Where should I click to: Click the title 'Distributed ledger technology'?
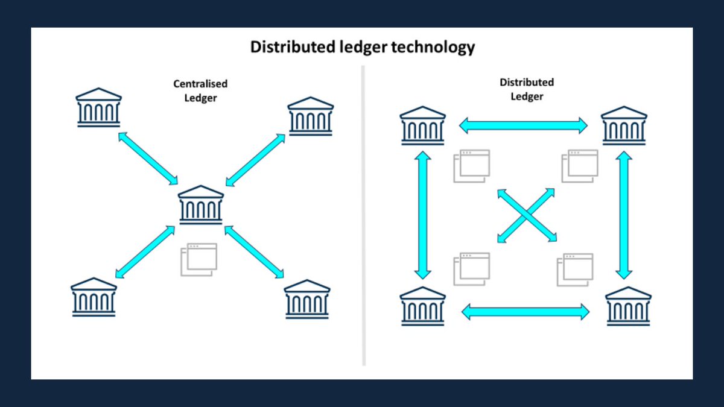[363, 47]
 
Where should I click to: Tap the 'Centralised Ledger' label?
[200, 90]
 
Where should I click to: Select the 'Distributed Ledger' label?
[527, 89]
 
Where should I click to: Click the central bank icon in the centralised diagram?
[201, 205]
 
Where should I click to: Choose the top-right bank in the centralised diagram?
[310, 116]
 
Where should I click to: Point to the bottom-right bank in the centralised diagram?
[307, 298]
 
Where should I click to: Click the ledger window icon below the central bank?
[198, 259]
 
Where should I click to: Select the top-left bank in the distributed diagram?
[423, 126]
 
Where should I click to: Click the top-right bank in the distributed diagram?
[624, 126]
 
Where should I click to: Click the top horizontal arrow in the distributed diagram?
[523, 125]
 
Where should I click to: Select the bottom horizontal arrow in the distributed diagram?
[525, 312]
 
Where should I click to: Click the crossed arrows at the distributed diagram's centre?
[527, 215]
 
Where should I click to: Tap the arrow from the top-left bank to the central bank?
[148, 158]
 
